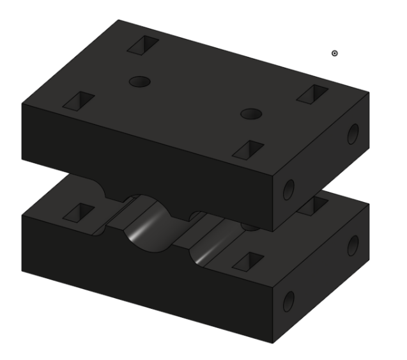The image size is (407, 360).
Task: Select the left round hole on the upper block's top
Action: (x=139, y=81)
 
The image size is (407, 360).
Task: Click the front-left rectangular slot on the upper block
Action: (x=79, y=100)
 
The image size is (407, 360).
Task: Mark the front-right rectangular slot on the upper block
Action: (x=249, y=150)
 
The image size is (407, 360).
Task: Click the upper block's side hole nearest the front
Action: (x=289, y=189)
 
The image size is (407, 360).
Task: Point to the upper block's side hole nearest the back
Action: (x=352, y=134)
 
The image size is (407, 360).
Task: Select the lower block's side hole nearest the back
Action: (x=352, y=245)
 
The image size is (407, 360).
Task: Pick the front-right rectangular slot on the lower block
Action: (x=247, y=261)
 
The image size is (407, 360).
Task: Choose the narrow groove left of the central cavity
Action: (x=115, y=214)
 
